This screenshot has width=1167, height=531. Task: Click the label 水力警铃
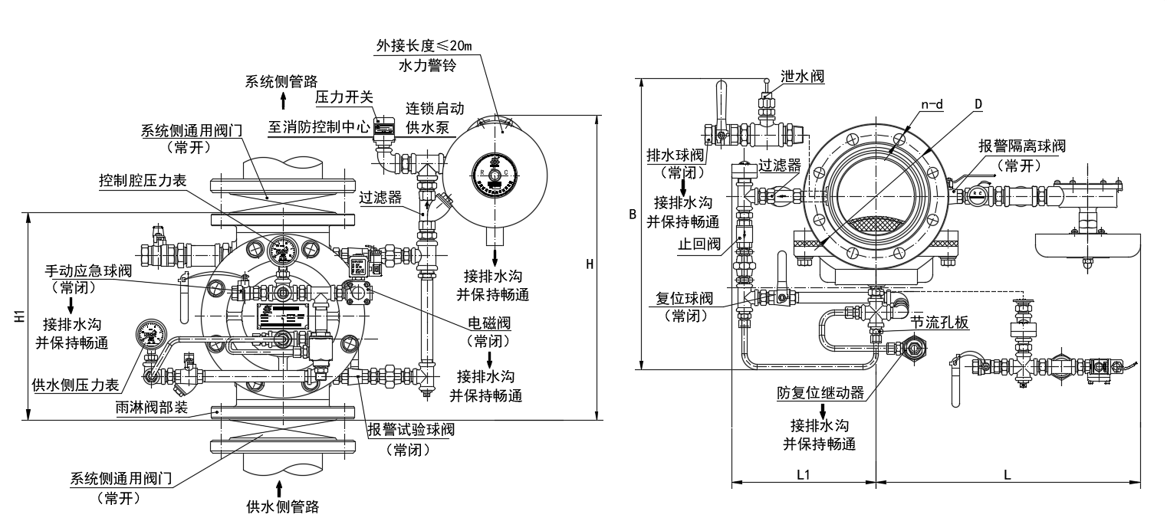click(427, 67)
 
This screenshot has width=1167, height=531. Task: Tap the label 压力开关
click(344, 97)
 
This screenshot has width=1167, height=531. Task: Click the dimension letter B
click(633, 215)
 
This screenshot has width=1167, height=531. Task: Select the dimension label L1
click(803, 474)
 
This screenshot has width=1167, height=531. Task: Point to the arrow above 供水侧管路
click(278, 487)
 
